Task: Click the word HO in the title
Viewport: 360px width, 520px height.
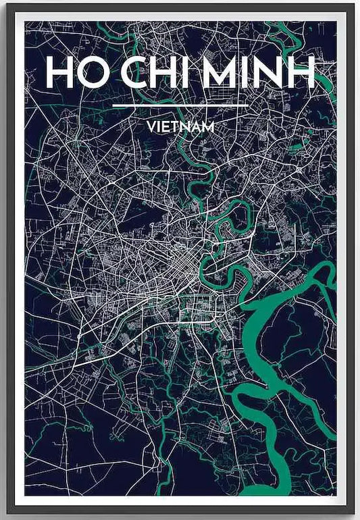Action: pos(72,72)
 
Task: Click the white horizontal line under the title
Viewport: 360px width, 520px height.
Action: pos(180,107)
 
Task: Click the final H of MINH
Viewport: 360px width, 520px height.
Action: pos(302,72)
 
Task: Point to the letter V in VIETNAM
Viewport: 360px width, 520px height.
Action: pos(149,126)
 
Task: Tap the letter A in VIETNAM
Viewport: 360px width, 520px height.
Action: pos(195,126)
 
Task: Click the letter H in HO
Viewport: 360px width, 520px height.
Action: pos(59,72)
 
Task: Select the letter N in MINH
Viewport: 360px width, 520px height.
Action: pos(272,72)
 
